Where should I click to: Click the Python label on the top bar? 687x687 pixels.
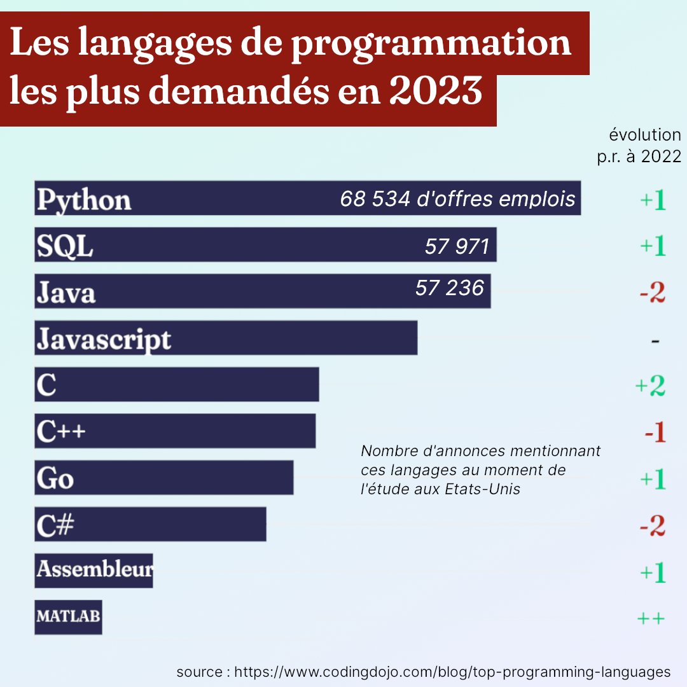point(84,200)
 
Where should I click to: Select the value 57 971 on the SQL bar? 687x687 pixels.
point(457,246)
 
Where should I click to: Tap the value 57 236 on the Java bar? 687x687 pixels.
point(450,288)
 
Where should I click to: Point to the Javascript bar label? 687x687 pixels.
point(104,339)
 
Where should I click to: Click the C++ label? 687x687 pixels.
point(61,431)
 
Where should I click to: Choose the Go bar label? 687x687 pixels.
point(55,478)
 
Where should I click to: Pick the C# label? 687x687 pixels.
point(55,525)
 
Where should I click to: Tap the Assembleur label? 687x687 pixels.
point(94,569)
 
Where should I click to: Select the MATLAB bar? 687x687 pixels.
point(68,616)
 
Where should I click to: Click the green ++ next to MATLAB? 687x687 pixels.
point(651,618)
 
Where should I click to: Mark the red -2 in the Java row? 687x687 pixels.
point(652,293)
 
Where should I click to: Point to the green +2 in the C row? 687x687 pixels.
point(650,386)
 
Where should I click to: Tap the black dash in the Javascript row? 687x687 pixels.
point(655,342)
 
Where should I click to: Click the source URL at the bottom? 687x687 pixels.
point(452,672)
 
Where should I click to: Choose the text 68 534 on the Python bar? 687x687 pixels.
point(374,199)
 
